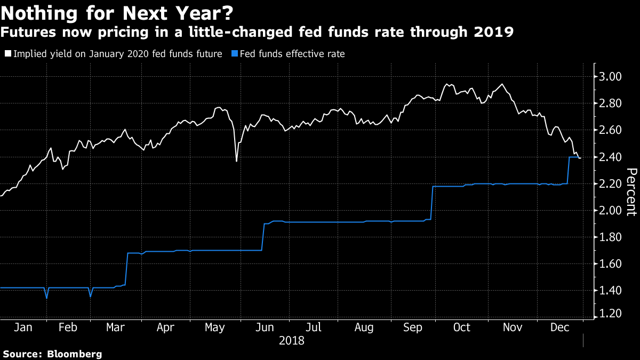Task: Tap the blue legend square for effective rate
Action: pyautogui.click(x=235, y=54)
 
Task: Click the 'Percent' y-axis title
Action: pyautogui.click(x=631, y=191)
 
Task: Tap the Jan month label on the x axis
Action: pyautogui.click(x=22, y=327)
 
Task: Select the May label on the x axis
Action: pyautogui.click(x=214, y=327)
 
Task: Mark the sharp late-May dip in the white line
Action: pyautogui.click(x=236, y=160)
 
